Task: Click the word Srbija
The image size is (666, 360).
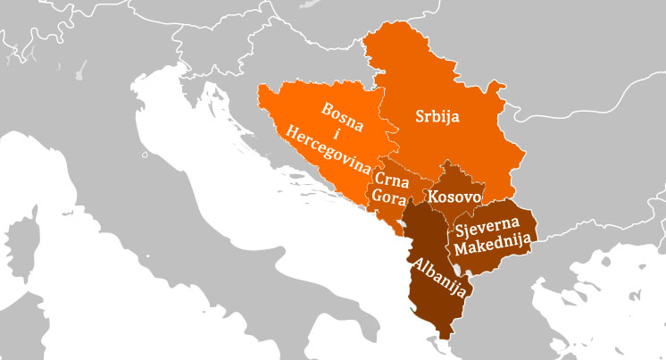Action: [437, 116]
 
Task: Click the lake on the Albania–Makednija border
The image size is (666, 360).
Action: [456, 269]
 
